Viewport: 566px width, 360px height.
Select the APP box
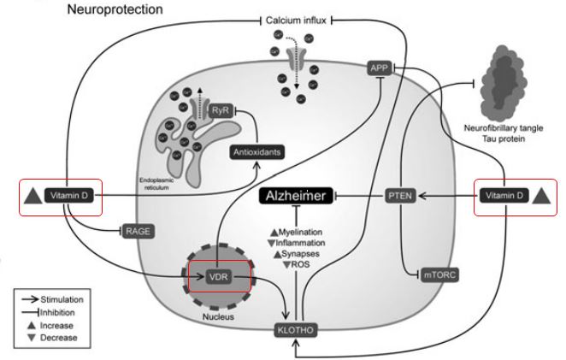pyautogui.click(x=380, y=68)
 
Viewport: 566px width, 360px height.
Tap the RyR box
pyautogui.click(x=220, y=109)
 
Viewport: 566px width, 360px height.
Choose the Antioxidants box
pyautogui.click(x=257, y=152)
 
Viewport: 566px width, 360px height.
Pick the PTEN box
pyautogui.click(x=398, y=196)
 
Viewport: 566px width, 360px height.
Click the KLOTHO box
pyautogui.click(x=294, y=328)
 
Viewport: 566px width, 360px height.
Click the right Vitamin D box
pyautogui.click(x=503, y=196)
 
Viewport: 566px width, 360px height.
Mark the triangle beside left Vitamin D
pyautogui.click(x=32, y=198)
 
